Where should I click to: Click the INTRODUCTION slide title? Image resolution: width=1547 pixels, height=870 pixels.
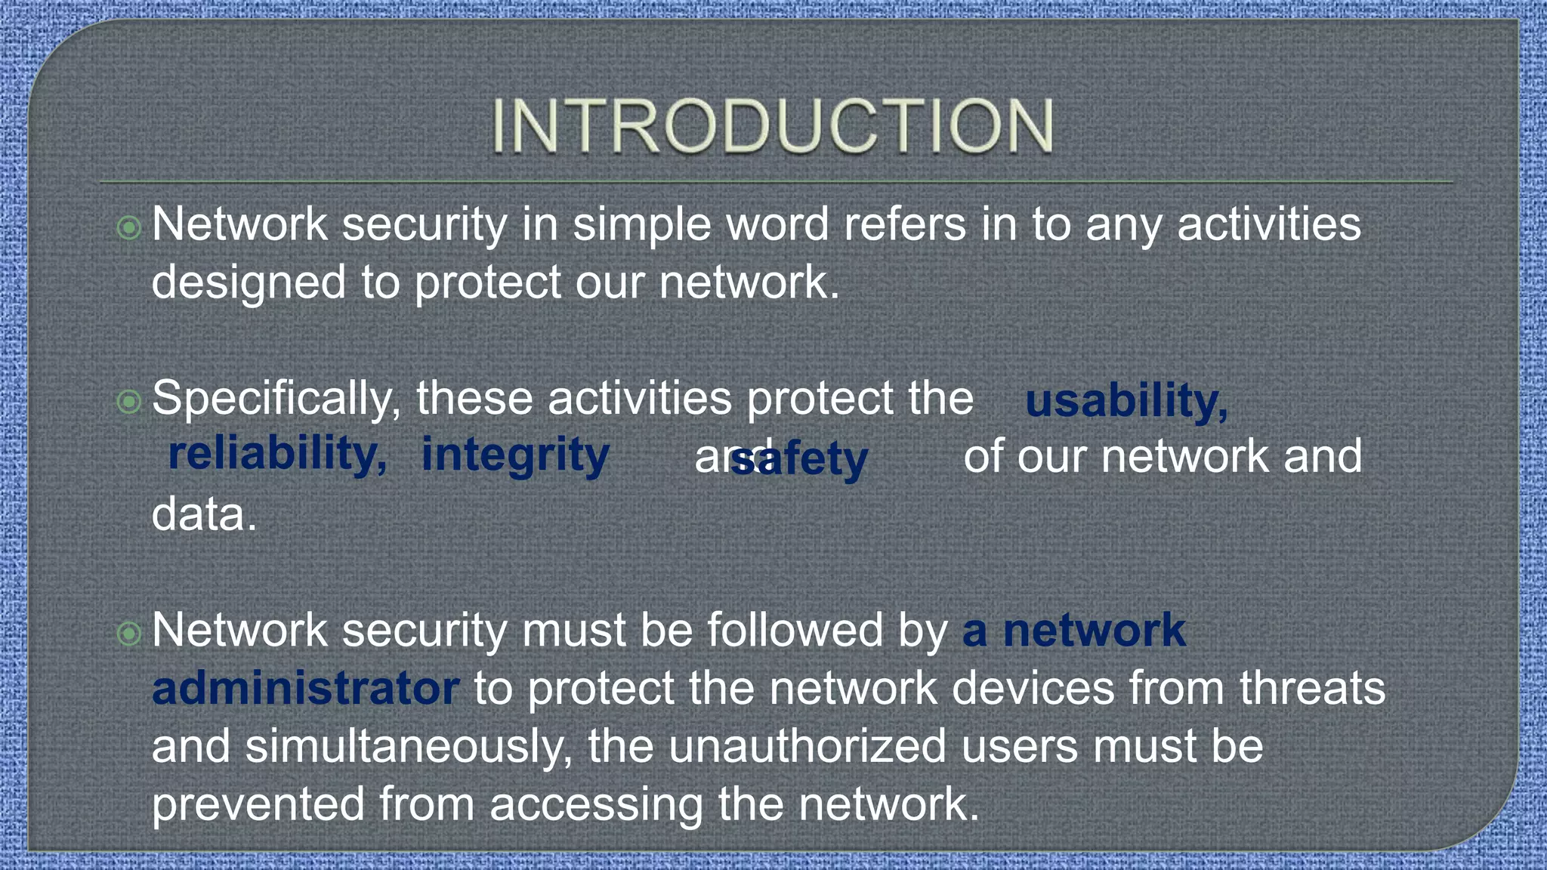(x=773, y=126)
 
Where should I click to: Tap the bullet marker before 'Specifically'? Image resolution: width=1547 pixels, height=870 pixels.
(x=129, y=402)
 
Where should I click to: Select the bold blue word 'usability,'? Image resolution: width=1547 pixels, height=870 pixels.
(x=1126, y=400)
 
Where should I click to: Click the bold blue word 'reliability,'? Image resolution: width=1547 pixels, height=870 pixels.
(x=277, y=454)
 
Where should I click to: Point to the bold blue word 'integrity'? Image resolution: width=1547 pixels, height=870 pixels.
(x=515, y=455)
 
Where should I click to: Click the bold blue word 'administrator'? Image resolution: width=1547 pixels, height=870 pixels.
(x=305, y=688)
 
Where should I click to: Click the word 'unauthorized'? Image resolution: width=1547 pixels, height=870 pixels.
(x=807, y=746)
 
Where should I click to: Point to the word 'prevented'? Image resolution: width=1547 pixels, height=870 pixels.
(x=258, y=804)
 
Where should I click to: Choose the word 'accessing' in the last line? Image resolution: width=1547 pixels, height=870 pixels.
(x=596, y=804)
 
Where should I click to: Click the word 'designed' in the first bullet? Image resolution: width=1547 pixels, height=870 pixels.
(x=249, y=282)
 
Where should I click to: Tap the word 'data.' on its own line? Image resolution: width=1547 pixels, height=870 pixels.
(x=204, y=515)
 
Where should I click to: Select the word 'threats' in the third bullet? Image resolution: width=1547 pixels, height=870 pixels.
(x=1312, y=688)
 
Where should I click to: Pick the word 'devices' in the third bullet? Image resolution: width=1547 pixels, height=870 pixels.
(x=1033, y=688)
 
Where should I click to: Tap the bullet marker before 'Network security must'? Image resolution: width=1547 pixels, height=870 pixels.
(x=129, y=633)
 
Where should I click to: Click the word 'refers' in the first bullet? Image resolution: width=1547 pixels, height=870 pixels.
(x=904, y=225)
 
